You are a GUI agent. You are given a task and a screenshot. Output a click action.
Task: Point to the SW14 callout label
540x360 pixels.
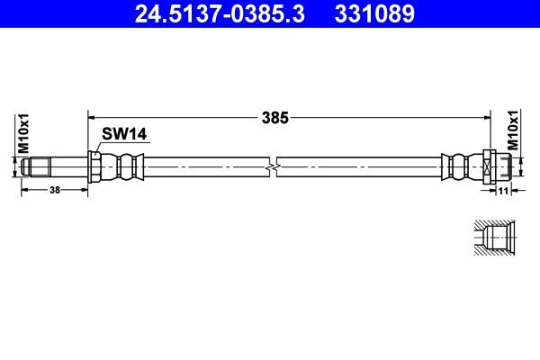123,135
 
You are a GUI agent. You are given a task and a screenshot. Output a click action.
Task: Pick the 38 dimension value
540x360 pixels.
55,191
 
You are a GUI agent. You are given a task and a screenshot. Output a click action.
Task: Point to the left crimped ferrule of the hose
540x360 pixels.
121,166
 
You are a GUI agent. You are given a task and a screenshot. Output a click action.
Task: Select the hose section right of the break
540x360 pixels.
360,166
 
